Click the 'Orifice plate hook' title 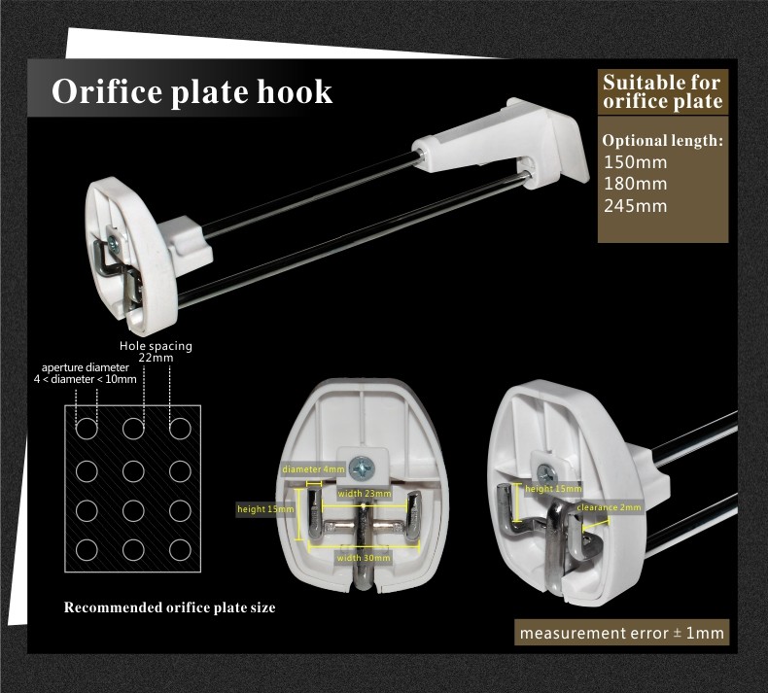click(192, 92)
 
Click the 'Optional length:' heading click(662, 140)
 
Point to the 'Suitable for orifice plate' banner click(662, 91)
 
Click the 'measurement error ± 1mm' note click(622, 633)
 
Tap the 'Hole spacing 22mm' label click(156, 352)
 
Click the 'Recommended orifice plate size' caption click(169, 607)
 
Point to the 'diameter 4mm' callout click(313, 469)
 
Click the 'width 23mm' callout click(365, 494)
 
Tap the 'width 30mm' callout click(364, 558)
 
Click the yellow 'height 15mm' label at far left click(264, 508)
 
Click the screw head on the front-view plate click(364, 468)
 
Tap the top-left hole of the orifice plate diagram click(87, 429)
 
